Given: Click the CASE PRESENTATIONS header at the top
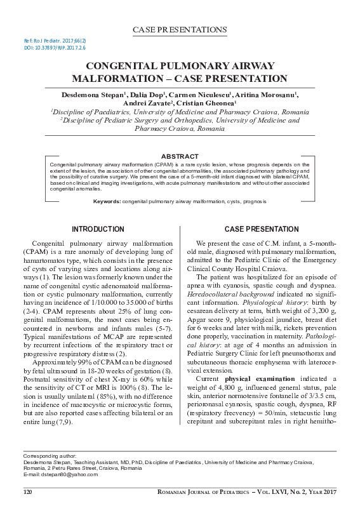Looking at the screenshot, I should (x=180, y=30).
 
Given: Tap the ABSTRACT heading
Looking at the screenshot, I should (x=180, y=156).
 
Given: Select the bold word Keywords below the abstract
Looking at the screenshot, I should (x=107, y=201).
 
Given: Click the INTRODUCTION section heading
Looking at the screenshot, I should (x=97, y=229).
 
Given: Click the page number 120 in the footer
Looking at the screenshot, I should (x=28, y=492).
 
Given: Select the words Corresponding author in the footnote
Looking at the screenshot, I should (x=50, y=456).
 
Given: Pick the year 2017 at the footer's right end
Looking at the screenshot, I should (x=327, y=492).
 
